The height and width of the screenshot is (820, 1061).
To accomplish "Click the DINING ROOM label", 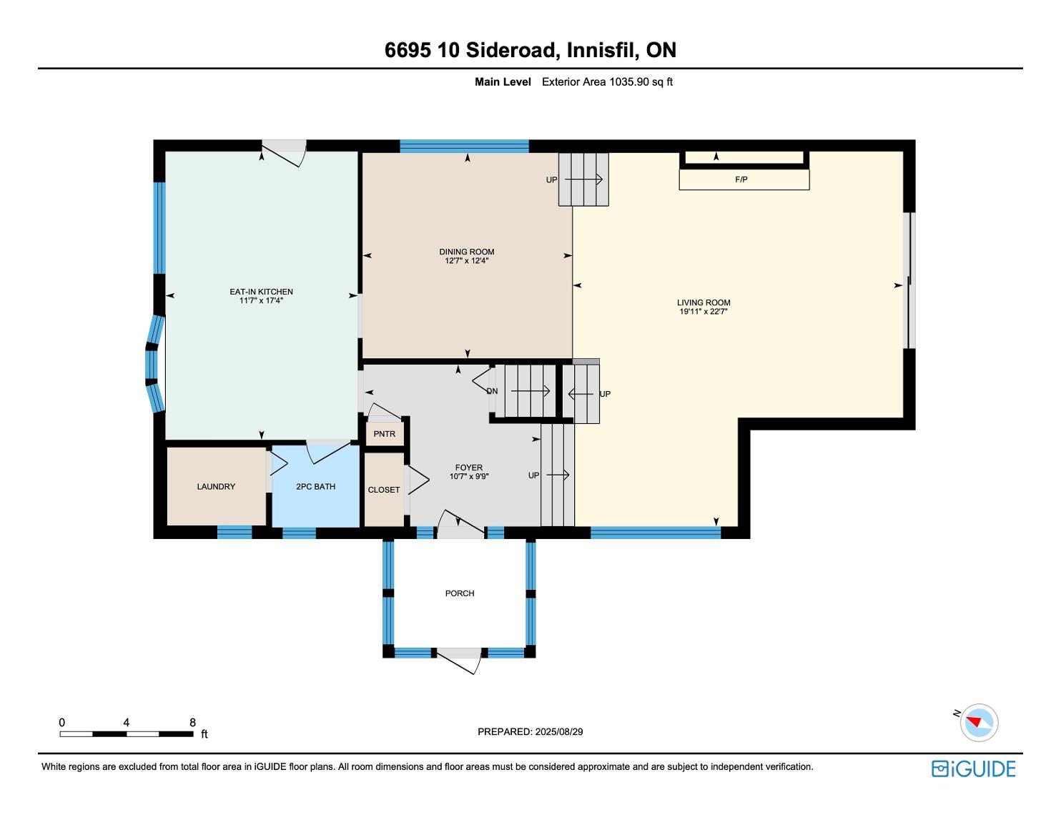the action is pyautogui.click(x=466, y=252).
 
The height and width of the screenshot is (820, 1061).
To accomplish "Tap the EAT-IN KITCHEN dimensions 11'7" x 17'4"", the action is pyautogui.click(x=261, y=300).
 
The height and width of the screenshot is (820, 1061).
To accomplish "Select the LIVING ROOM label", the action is pyautogui.click(x=704, y=302).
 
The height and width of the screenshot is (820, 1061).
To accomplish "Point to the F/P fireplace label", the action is pyautogui.click(x=741, y=179).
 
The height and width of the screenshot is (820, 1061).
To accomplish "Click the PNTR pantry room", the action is pyautogui.click(x=384, y=433).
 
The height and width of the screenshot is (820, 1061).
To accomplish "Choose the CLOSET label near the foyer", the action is pyautogui.click(x=384, y=490).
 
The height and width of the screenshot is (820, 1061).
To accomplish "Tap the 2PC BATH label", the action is pyautogui.click(x=315, y=486).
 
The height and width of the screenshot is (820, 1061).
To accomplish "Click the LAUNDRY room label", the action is pyautogui.click(x=216, y=486).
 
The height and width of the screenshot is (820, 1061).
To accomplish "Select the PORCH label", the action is pyautogui.click(x=460, y=593).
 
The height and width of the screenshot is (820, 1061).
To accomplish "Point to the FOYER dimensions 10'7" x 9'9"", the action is pyautogui.click(x=469, y=476).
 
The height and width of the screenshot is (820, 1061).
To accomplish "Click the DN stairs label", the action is pyautogui.click(x=492, y=391).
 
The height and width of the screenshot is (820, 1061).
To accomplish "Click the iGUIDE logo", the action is pyautogui.click(x=973, y=769).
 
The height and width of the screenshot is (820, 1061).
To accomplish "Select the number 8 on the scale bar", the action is pyautogui.click(x=192, y=722).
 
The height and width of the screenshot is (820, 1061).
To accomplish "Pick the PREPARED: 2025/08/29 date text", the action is pyautogui.click(x=530, y=731).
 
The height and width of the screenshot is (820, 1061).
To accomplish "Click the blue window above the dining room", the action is pyautogui.click(x=464, y=146).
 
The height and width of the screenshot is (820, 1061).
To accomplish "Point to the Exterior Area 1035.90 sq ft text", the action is pyautogui.click(x=607, y=81).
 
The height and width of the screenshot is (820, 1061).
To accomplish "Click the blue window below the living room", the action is pyautogui.click(x=655, y=533).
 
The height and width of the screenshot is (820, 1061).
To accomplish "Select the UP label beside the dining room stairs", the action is pyautogui.click(x=551, y=179).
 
